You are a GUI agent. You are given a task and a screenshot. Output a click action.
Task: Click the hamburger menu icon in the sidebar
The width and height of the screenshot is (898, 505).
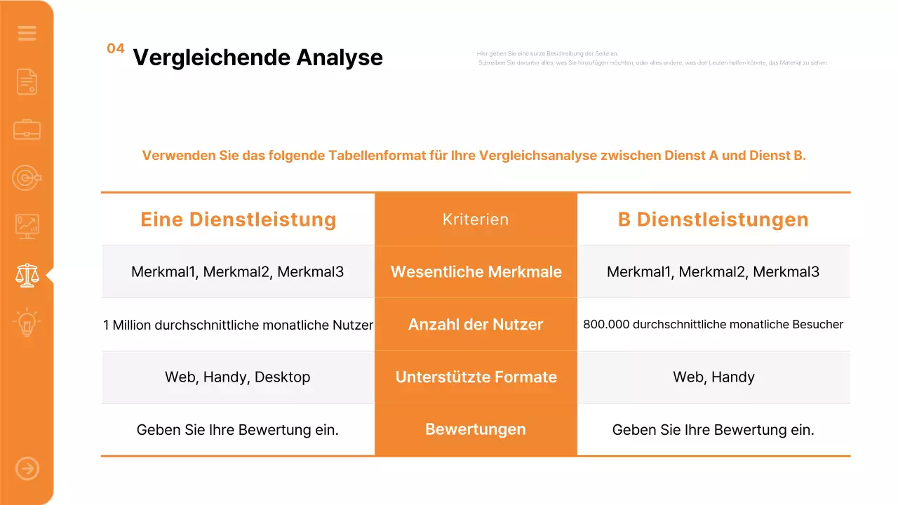[27, 33]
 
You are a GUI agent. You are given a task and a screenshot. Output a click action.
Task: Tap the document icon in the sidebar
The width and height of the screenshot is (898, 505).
[27, 82]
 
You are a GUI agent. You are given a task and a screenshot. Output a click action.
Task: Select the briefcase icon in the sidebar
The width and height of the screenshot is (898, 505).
[27, 130]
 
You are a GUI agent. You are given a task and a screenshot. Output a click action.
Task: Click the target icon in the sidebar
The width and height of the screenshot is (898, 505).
[27, 178]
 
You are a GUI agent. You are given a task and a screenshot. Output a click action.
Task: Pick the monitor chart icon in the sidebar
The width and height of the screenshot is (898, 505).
[27, 227]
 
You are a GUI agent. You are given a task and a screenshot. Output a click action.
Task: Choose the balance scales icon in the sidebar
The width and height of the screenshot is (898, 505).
[27, 275]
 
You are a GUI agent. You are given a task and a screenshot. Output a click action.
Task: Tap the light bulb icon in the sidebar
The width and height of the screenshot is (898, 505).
[27, 323]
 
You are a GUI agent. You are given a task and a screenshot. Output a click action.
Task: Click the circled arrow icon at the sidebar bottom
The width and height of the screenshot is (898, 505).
[27, 469]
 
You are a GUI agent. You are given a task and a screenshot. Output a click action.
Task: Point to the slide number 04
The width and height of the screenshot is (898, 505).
[116, 48]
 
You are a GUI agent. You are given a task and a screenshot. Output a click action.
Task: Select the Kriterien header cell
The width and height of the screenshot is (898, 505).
[476, 220]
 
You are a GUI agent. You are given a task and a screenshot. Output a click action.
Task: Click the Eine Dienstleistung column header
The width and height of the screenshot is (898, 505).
[239, 220]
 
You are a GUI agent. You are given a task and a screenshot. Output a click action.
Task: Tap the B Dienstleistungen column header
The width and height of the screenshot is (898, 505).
[713, 220]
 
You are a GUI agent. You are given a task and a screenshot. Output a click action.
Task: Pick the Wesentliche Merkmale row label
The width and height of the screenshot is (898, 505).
[476, 272]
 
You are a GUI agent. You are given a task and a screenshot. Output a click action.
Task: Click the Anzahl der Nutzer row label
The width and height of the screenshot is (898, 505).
[476, 325]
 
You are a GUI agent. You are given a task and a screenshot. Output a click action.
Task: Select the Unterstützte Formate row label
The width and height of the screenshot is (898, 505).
[476, 377]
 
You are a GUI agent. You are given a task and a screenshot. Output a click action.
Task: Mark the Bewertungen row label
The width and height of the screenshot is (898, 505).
[476, 429]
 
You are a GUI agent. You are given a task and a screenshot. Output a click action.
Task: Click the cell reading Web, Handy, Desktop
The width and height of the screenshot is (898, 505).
[237, 377]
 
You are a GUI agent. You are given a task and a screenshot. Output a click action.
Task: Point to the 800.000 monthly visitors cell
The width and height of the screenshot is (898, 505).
[713, 325]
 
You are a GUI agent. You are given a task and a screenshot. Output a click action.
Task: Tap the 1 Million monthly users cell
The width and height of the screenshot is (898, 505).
[238, 325]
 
